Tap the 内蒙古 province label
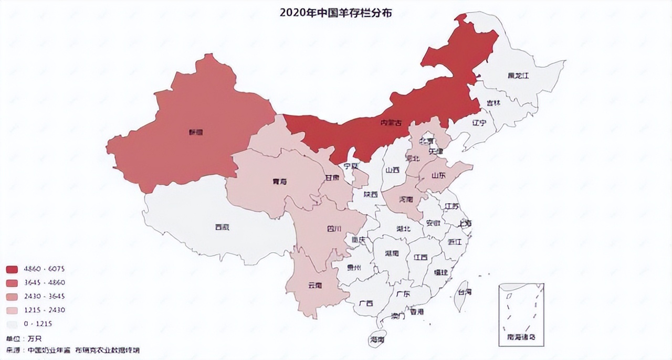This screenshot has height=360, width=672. point(391,122)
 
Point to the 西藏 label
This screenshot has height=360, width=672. point(222,227)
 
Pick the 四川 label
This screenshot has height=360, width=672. point(334,229)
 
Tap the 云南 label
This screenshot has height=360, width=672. point(314,285)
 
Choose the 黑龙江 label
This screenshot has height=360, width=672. point(518,76)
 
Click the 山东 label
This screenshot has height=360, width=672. point(438,176)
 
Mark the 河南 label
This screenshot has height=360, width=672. point(406,199)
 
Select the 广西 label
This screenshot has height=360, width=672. point(366,303)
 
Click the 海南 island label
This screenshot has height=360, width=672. point(377,340)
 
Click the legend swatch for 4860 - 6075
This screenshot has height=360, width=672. point(12,269)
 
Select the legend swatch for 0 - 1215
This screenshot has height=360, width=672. point(12,324)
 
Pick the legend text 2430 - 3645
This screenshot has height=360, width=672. point(44,297)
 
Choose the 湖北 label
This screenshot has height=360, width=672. point(403,228)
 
